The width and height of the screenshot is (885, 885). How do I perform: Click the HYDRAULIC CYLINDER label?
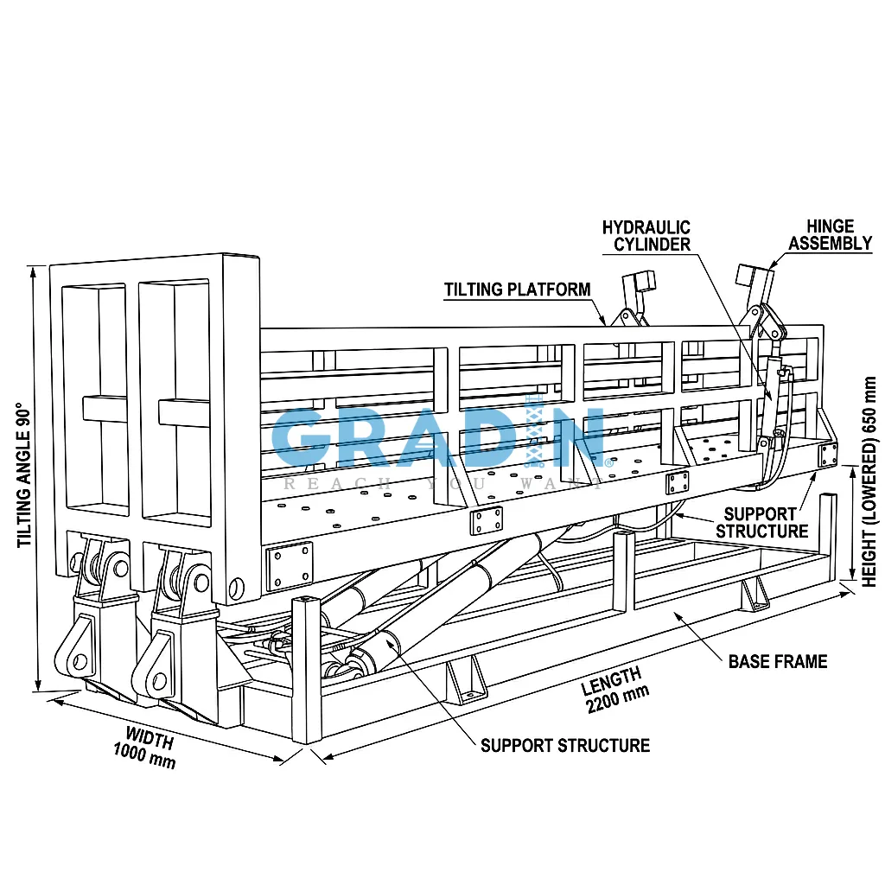coord(646,236)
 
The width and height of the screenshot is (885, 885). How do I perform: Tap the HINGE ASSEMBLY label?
coord(830,235)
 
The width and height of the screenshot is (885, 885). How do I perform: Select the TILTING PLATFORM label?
coord(517,290)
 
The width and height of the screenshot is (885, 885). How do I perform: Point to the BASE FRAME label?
coord(778,661)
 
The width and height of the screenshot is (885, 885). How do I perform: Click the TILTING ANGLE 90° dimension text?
coord(23,474)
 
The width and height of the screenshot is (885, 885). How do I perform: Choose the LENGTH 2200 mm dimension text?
coord(614,690)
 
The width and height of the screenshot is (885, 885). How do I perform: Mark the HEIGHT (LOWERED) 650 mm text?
coord(869,482)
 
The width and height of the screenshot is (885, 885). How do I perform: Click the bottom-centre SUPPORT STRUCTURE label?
coord(565,746)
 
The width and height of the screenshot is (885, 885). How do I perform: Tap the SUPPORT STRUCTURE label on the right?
coord(761,523)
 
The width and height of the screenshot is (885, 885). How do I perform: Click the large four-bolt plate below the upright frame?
coord(290,565)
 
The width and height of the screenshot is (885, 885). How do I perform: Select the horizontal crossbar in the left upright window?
coord(105,409)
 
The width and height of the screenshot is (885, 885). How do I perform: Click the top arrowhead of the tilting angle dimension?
coord(34,272)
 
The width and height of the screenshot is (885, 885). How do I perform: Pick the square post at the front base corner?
coord(307,671)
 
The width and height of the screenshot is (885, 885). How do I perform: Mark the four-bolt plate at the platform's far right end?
coord(828,455)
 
